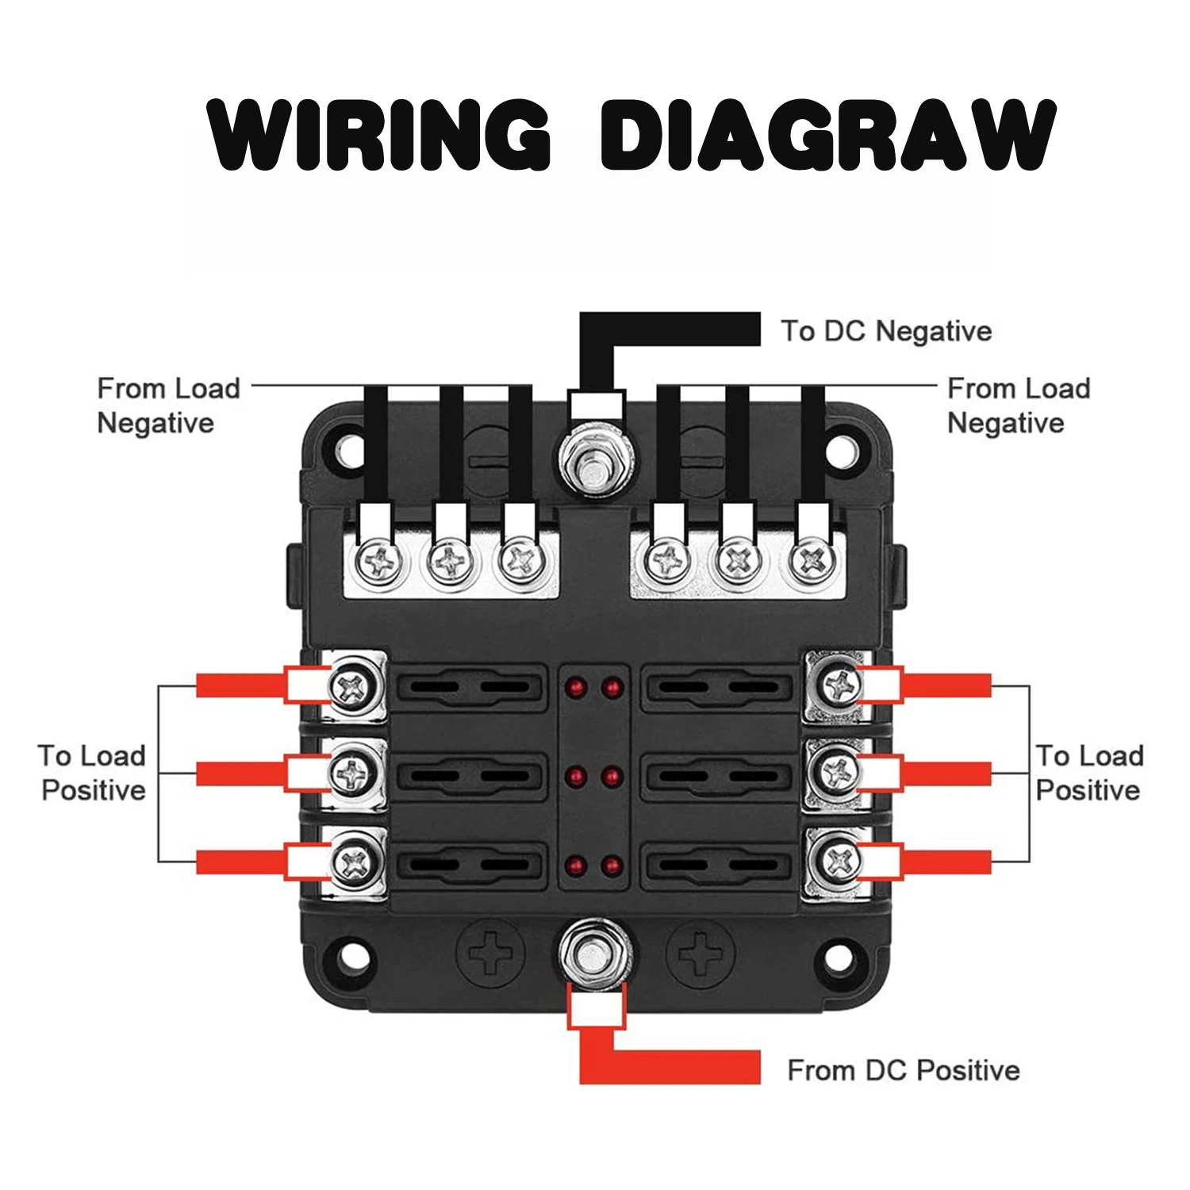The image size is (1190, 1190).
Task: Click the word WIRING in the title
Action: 379,135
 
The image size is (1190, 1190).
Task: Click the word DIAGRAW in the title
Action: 827,135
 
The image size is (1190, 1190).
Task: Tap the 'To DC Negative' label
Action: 886,331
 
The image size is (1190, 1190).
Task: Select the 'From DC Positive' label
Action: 903,1070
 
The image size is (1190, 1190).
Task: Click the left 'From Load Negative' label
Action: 167,405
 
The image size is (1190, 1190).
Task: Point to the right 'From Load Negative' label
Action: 1019,405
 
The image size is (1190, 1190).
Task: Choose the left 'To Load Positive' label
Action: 93,773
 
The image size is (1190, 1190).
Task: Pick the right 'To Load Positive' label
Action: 1089,773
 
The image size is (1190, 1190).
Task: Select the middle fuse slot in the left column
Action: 471,775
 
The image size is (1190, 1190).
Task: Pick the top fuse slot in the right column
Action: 719,686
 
